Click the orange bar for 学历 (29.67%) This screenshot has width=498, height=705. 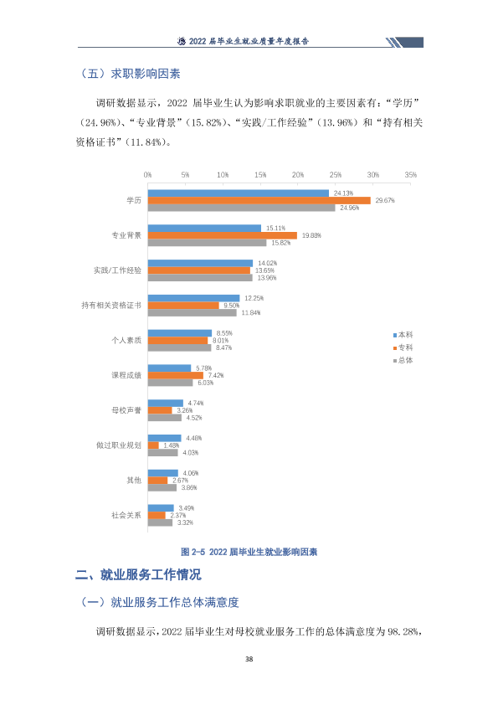(259, 200)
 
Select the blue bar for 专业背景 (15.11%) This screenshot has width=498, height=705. (204, 229)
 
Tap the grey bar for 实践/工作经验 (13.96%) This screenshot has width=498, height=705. (200, 278)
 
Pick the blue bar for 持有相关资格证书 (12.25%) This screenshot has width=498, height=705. (193, 298)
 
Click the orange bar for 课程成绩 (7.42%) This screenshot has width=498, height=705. (176, 375)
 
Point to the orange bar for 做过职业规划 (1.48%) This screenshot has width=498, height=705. (153, 445)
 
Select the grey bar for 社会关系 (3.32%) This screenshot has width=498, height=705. (160, 522)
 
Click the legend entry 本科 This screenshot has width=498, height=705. (403, 335)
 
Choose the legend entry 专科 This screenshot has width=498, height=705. (403, 347)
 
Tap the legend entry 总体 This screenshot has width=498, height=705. (403, 360)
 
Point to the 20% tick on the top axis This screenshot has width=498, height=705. (298, 175)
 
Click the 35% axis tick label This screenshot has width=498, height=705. (410, 175)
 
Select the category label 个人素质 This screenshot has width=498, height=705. (126, 341)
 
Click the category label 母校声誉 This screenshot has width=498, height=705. (126, 410)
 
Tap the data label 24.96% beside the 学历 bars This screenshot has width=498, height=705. (349, 208)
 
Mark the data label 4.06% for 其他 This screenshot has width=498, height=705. (191, 473)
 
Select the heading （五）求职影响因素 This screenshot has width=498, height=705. (130, 74)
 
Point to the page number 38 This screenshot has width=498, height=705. (249, 659)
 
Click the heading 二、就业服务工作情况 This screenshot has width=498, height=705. (138, 574)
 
